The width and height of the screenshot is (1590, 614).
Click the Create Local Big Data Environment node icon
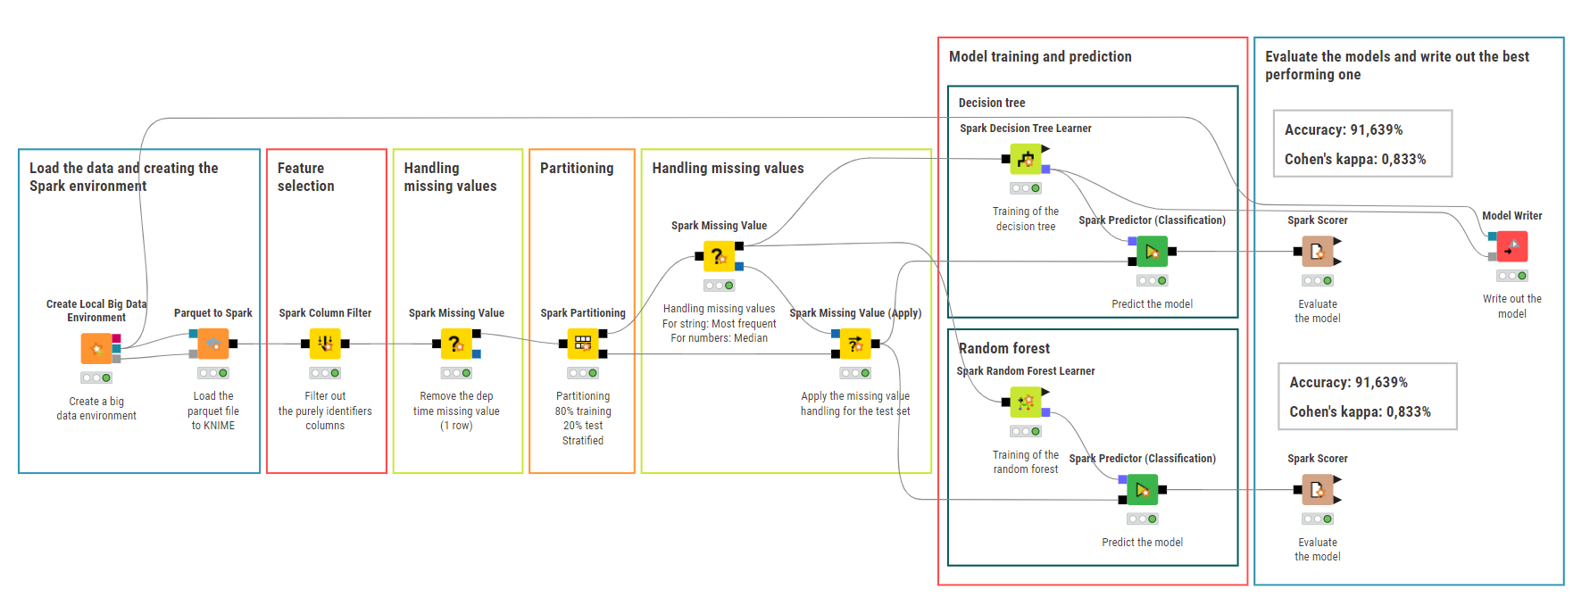click(96, 348)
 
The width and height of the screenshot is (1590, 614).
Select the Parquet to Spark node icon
click(213, 344)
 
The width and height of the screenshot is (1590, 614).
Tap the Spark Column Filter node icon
click(325, 344)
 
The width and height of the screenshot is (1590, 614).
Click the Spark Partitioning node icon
click(583, 344)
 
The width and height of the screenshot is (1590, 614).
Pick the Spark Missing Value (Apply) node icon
click(855, 344)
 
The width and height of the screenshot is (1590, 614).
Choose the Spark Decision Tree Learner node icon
click(1026, 159)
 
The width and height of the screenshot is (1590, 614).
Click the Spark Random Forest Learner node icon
click(1026, 402)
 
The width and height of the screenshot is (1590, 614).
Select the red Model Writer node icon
click(1512, 246)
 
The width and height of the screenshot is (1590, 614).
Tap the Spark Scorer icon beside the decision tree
click(1318, 252)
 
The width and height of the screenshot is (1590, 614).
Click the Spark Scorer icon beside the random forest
click(1318, 490)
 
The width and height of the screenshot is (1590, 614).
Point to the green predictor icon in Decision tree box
click(1152, 252)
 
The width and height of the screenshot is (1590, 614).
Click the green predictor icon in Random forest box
click(1142, 490)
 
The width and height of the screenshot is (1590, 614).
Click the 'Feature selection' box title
click(306, 177)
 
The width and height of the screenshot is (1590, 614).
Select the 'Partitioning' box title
click(577, 168)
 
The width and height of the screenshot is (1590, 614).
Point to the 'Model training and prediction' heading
click(1040, 56)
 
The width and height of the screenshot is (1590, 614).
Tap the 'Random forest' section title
click(1004, 348)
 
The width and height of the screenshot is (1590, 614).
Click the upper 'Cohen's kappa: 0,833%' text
click(1355, 159)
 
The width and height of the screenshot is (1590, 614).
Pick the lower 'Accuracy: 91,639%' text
click(1348, 382)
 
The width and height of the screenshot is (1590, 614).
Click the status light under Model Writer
click(1512, 276)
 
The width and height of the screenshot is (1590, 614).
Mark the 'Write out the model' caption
click(1512, 306)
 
